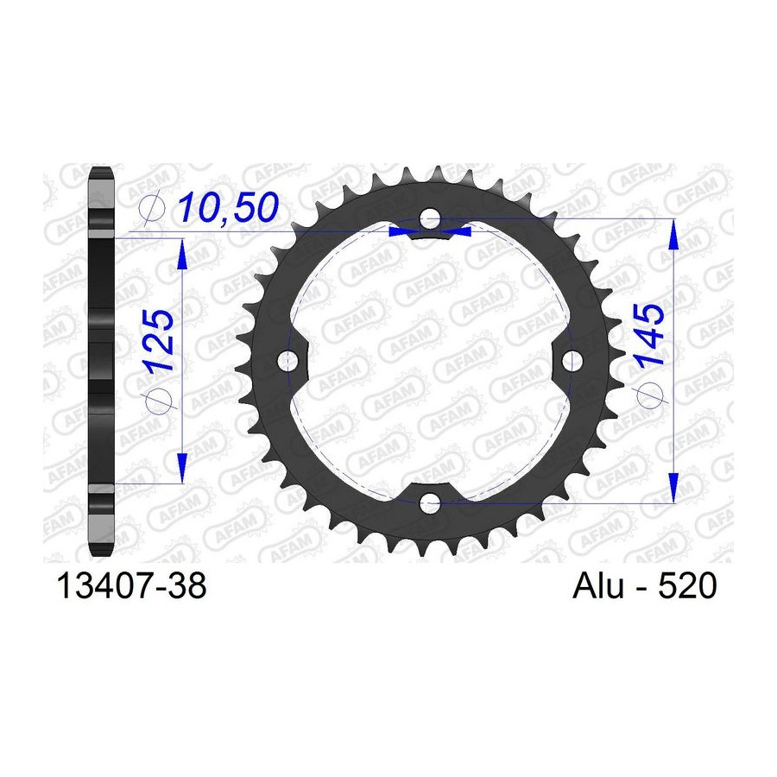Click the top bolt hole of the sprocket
tap(430, 218)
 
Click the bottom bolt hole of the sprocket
tap(430, 503)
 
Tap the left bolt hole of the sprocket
tap(287, 361)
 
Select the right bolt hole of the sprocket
tap(572, 361)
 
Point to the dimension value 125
tap(159, 340)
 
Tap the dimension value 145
tap(650, 335)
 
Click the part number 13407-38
tap(132, 585)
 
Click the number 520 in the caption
tap(687, 585)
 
